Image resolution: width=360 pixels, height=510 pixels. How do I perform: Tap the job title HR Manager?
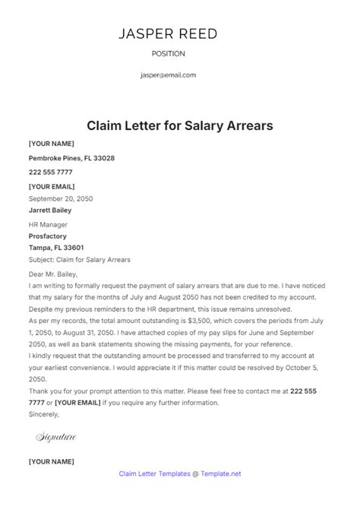tap(48, 225)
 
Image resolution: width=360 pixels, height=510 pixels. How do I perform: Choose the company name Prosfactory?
tap(49, 236)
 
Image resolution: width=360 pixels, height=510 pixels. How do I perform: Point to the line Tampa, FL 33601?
tap(56, 248)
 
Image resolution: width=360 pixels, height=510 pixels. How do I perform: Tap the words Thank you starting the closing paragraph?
tap(45, 390)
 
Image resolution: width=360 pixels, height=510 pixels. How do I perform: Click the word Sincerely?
tap(44, 415)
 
